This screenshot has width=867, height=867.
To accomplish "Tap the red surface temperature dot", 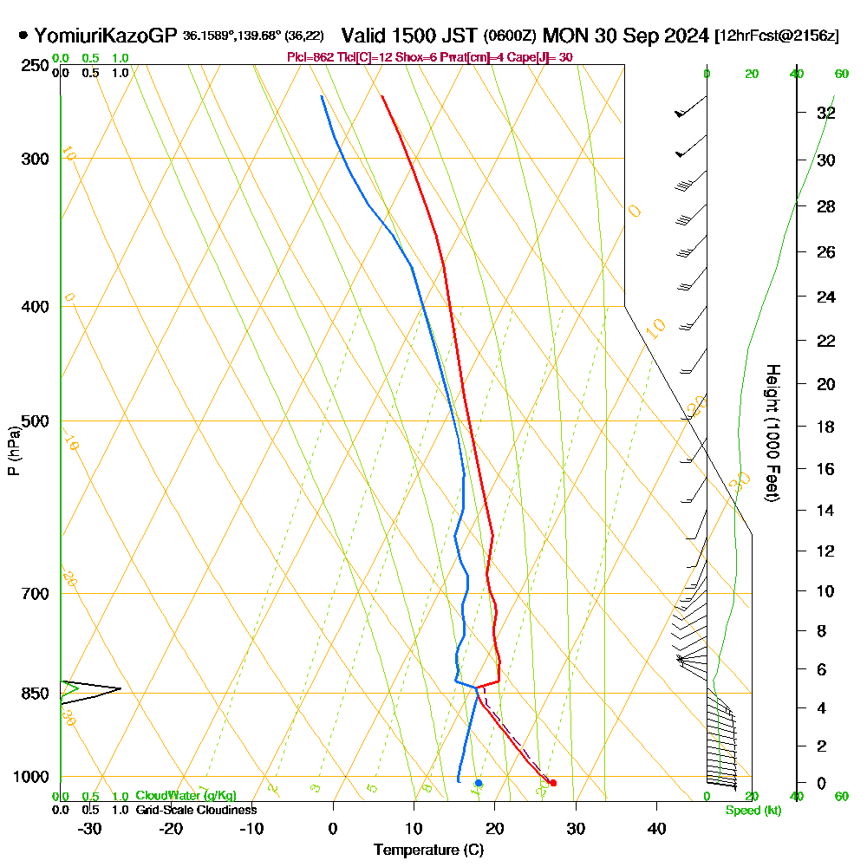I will (x=553, y=783).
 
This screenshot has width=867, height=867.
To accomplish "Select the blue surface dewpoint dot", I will (x=478, y=783).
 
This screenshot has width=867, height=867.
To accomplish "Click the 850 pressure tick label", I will (x=33, y=694).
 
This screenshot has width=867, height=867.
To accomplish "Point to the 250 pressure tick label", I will (x=33, y=65).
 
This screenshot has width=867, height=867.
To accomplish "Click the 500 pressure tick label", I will (x=33, y=421).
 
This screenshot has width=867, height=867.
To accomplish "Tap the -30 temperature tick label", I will (x=90, y=828).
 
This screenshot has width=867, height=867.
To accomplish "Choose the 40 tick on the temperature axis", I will (x=657, y=828).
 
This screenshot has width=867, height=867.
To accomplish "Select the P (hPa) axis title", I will (x=13, y=451).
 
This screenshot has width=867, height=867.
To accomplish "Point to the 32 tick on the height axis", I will (x=825, y=113).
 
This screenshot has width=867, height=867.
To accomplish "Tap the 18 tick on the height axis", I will (x=825, y=427).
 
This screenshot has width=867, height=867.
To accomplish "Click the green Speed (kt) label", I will (x=751, y=810).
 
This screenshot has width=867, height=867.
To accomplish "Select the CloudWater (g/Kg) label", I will (x=186, y=796).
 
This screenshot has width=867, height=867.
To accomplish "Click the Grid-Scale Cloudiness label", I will (x=195, y=810).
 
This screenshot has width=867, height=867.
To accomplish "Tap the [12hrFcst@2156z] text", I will (x=776, y=36).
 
